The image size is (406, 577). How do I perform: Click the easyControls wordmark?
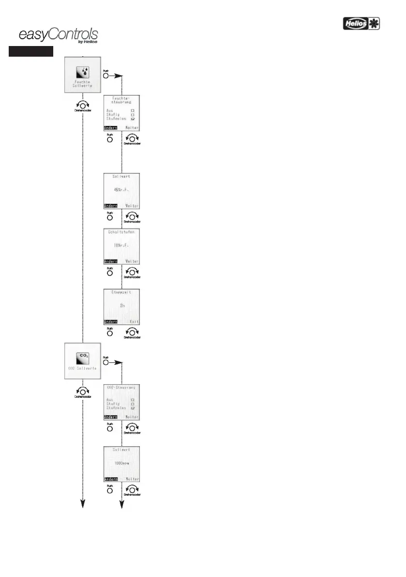click(x=58, y=35)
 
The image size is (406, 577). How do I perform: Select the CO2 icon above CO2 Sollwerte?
click(x=83, y=357)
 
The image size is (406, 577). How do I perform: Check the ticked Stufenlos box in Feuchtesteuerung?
click(x=132, y=118)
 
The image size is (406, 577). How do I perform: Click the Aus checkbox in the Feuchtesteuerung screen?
click(x=132, y=110)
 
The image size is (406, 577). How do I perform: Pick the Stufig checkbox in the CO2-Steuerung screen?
click(x=132, y=403)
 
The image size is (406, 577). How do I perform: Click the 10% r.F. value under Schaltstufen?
click(x=121, y=245)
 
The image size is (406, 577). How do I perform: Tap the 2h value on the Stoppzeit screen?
click(x=121, y=305)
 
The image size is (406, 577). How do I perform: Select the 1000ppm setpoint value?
click(x=121, y=463)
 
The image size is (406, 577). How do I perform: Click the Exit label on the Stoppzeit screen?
click(x=134, y=321)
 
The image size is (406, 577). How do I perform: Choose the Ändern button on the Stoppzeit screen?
click(x=111, y=321)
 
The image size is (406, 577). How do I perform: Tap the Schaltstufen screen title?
click(x=121, y=233)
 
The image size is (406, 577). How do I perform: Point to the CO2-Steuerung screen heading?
click(x=121, y=388)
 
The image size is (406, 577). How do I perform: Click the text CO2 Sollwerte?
click(x=82, y=368)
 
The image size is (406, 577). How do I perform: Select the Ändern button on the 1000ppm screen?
click(x=111, y=479)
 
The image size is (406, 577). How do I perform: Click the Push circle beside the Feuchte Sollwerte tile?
click(x=105, y=76)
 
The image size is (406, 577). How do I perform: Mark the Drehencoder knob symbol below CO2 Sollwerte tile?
click(x=82, y=390)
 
